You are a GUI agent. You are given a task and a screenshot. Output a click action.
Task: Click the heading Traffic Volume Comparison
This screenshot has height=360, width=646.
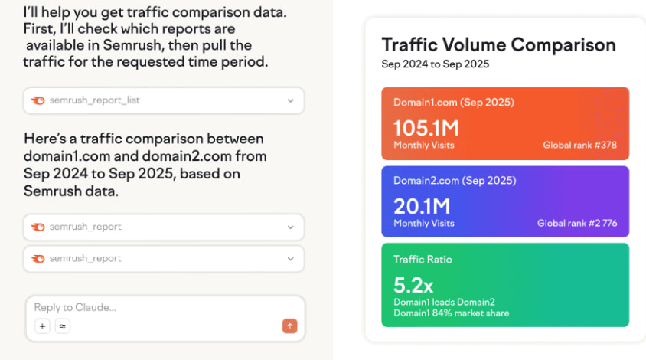pos(498,44)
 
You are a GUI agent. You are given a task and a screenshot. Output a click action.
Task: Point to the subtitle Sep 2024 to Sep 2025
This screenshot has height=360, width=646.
pos(435,64)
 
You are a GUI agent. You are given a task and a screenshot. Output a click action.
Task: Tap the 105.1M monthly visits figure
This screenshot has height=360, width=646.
pos(426,128)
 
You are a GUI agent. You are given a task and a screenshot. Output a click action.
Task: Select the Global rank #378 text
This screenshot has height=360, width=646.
pos(579,145)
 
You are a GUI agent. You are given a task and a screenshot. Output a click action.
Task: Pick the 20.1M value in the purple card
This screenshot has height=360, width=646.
pos(422,207)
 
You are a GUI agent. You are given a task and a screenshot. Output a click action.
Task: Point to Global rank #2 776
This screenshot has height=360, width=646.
pos(576,224)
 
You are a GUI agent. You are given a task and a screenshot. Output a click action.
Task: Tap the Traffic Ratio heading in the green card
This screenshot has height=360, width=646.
pos(423,260)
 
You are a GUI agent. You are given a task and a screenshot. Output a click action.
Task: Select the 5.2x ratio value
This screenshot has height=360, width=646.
pos(413,286)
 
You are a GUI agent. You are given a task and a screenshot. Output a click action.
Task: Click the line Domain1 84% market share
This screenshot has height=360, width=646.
pos(451,313)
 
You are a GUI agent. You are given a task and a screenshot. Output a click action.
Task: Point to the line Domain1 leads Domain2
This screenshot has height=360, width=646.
pos(444,302)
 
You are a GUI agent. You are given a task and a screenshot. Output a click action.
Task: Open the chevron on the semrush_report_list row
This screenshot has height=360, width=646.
pos(291,100)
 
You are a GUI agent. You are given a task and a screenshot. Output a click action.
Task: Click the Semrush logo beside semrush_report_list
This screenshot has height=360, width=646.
pos(38,100)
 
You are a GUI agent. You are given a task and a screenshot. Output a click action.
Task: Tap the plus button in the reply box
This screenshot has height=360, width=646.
pos(42,326)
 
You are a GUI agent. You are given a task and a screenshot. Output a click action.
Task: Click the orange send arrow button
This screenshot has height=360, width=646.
pos(289,326)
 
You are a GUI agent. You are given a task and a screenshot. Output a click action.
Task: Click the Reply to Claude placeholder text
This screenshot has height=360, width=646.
pos(75,307)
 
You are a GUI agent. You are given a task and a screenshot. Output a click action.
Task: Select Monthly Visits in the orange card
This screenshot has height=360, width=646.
pos(423,145)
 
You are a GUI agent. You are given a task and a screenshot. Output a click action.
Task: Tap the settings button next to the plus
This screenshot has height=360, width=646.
pos(63,326)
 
